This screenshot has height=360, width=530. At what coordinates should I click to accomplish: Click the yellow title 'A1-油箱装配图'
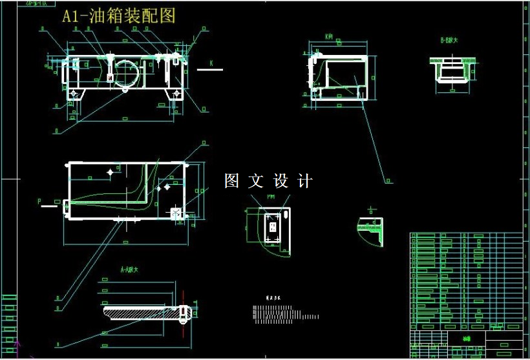click(118, 16)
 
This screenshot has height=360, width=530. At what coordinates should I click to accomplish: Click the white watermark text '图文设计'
click(268, 182)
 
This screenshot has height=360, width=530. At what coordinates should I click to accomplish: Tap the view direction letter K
click(211, 63)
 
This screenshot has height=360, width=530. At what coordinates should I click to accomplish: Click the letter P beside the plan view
click(39, 202)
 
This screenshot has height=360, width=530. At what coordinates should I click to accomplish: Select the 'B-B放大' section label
click(449, 40)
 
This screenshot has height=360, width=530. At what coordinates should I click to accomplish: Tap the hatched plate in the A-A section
click(139, 312)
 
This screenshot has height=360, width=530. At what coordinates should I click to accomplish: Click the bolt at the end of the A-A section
click(184, 313)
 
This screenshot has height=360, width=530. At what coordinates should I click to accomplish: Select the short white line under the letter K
click(209, 70)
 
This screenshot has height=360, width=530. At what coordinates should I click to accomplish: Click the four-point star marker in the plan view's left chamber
click(111, 172)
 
